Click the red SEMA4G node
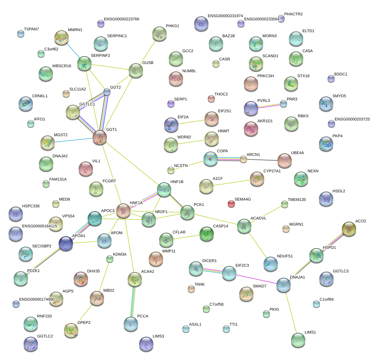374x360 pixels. tap(231, 204)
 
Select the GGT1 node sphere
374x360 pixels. tap(100, 138)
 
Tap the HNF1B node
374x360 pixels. tap(164, 190)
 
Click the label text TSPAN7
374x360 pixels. tap(31, 29)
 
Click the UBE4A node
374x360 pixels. tap(285, 161)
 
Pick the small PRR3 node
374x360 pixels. tap(283, 104)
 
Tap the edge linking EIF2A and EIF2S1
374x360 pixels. tap(192, 122)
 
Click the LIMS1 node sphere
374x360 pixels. tap(298, 340)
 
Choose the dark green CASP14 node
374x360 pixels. tap(206, 234)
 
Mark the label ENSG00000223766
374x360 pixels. tap(122, 19)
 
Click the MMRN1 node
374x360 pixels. tap(61, 38)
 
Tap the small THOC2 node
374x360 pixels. tap(211, 99)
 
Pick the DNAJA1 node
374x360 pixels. tap(283, 285)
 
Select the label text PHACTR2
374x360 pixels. tap(293, 14)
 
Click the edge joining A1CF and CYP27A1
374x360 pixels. tap(232, 182)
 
